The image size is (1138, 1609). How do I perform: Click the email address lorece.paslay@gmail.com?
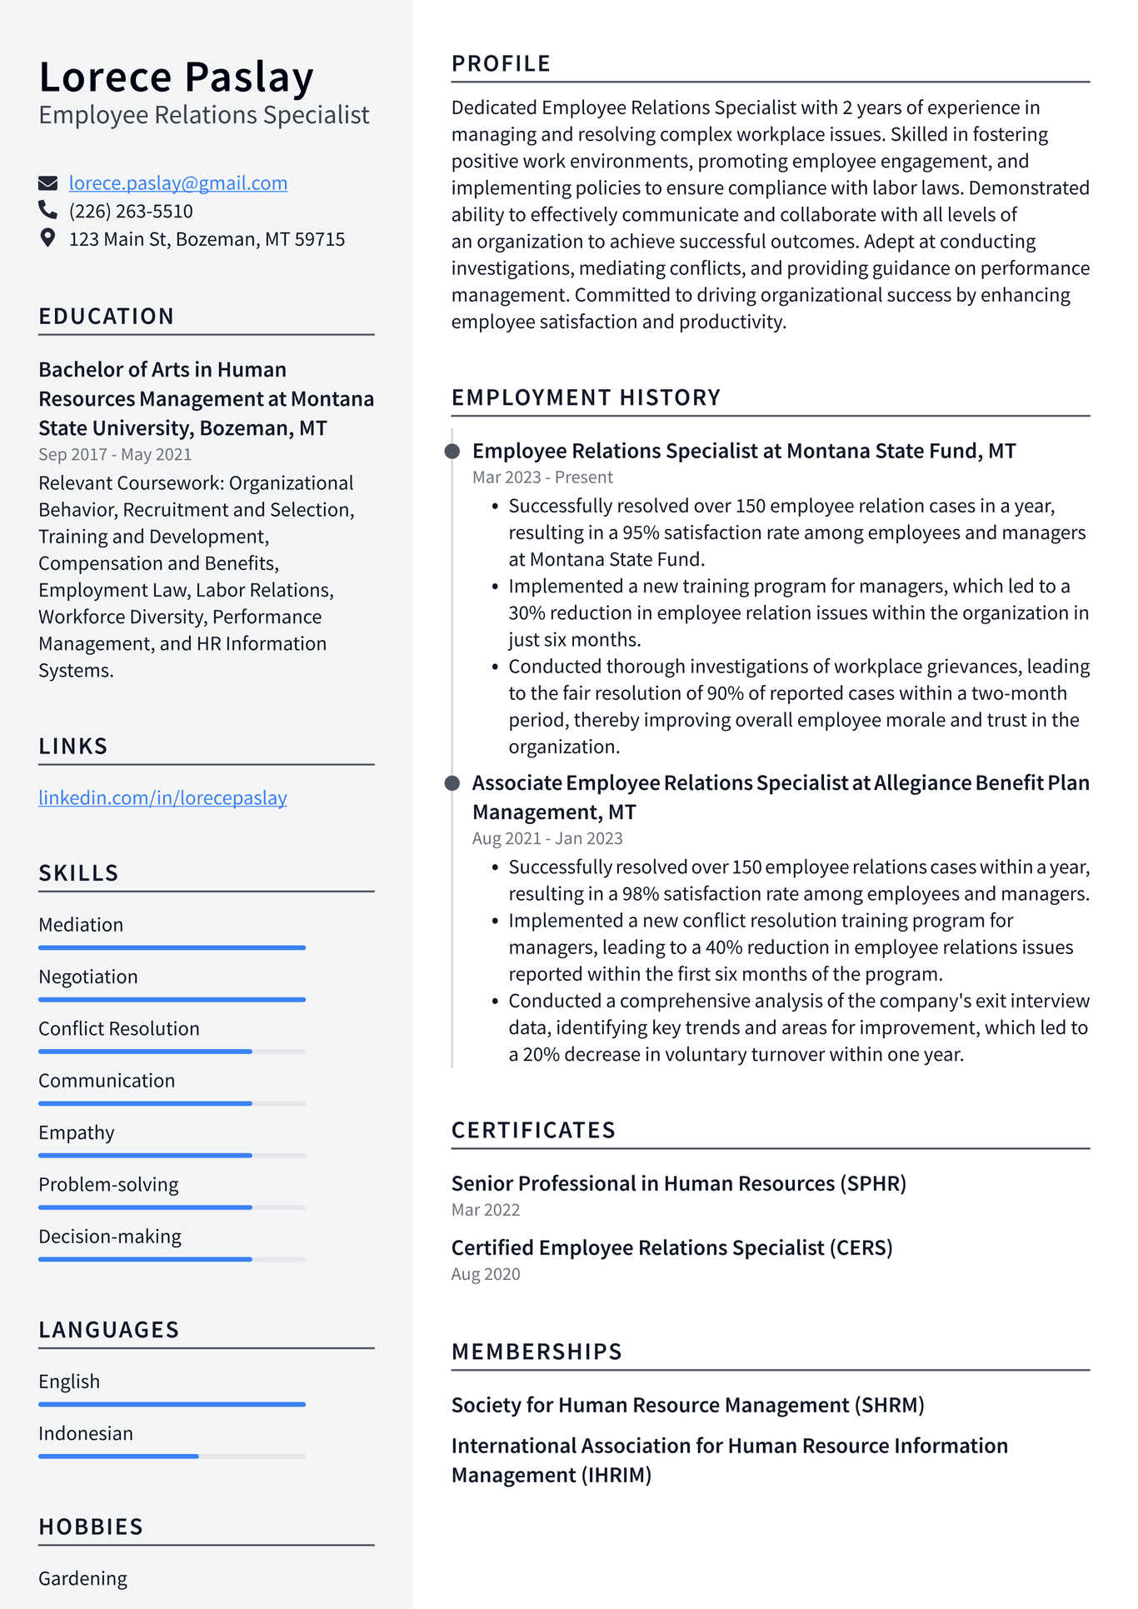tap(177, 183)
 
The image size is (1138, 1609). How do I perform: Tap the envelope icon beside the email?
tap(48, 183)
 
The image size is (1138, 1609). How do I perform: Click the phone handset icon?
tap(48, 210)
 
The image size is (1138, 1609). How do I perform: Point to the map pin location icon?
tap(48, 238)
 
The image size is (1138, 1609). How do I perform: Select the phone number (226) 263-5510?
tap(131, 212)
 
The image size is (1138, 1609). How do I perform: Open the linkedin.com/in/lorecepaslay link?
tap(162, 798)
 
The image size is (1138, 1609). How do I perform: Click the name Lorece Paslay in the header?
tap(176, 77)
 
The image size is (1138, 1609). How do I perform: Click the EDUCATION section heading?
tap(107, 317)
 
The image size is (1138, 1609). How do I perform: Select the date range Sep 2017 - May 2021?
tap(115, 455)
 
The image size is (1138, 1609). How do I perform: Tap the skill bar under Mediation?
tap(172, 947)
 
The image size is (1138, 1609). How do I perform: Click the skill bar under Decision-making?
tap(172, 1259)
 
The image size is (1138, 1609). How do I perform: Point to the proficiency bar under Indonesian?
tap(172, 1456)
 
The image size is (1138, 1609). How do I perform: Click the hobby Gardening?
tap(83, 1578)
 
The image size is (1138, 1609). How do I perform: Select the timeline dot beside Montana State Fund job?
tap(452, 452)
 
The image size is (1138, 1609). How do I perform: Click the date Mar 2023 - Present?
tap(542, 477)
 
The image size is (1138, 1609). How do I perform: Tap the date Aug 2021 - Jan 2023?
tap(547, 839)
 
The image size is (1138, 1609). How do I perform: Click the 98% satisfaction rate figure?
tap(641, 894)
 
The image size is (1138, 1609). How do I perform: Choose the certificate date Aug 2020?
tap(486, 1274)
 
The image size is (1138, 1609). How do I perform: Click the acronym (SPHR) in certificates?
tap(873, 1184)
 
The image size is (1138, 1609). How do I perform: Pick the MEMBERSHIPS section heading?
tap(537, 1352)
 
